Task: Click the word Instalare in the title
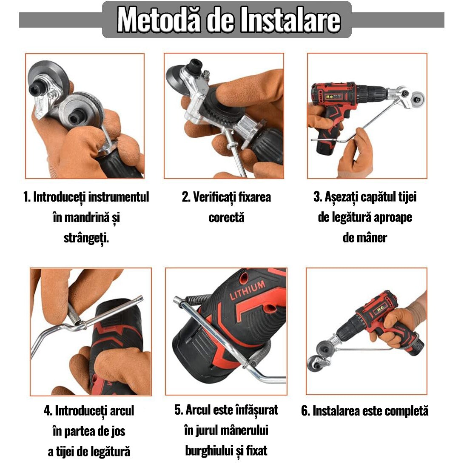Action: tap(290, 20)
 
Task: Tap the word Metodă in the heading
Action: tap(159, 20)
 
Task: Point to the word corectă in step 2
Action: tap(226, 218)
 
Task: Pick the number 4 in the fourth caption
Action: tap(48, 411)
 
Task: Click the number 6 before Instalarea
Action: tap(305, 411)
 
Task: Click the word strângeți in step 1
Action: tap(86, 238)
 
